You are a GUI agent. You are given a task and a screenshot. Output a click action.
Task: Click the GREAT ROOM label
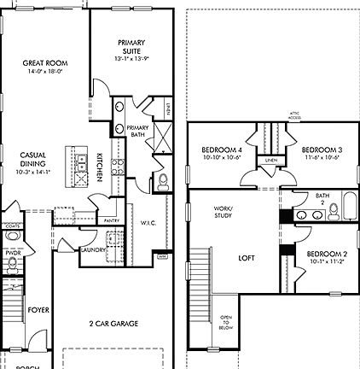click(x=46, y=67)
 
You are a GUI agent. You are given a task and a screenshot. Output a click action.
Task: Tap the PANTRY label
click(x=110, y=220)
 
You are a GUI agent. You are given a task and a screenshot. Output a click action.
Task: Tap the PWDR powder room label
click(x=12, y=254)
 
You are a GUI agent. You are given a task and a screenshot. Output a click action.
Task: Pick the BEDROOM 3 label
click(x=321, y=146)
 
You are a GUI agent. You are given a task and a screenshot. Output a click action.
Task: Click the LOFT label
click(x=247, y=256)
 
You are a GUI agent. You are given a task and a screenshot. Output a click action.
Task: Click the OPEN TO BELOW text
click(x=226, y=321)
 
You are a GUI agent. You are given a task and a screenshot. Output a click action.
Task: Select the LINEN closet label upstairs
click(x=270, y=161)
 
